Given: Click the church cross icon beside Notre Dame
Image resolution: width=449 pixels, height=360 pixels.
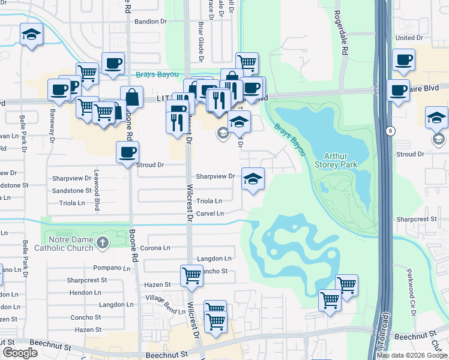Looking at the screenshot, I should (x=103, y=242).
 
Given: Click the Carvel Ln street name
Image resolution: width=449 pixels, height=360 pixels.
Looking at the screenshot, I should (x=210, y=214).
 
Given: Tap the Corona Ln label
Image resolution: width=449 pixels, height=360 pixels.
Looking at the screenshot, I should (x=155, y=248).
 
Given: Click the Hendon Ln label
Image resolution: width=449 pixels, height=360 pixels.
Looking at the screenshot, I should (x=85, y=292).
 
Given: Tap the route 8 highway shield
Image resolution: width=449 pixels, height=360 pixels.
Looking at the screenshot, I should (x=391, y=130).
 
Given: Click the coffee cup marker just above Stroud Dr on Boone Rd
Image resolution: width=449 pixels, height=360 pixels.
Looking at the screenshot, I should (x=127, y=152).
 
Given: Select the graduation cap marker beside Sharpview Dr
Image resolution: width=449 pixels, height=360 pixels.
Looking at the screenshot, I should (x=253, y=178).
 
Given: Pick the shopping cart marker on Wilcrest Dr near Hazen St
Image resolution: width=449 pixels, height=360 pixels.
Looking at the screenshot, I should (x=191, y=275).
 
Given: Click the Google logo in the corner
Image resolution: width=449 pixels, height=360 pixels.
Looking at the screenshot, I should (x=20, y=353).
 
